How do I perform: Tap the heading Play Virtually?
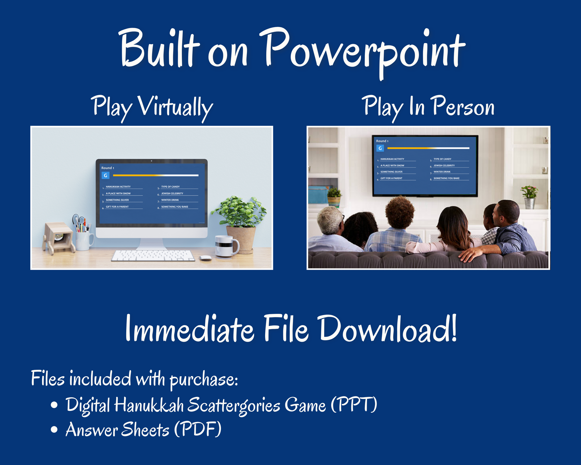click(152, 108)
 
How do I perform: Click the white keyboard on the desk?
click(153, 256)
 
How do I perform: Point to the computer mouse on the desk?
click(205, 258)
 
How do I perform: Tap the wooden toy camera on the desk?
click(59, 238)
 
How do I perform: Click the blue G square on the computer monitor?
click(105, 175)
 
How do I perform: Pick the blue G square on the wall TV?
click(380, 148)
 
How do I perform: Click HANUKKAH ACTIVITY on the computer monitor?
click(118, 187)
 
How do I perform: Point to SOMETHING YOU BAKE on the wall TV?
click(446, 178)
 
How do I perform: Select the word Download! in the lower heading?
click(388, 328)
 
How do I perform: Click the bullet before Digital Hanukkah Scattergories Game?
click(54, 405)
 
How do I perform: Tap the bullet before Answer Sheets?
click(54, 429)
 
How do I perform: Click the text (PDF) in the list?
click(198, 429)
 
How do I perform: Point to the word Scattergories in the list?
click(234, 406)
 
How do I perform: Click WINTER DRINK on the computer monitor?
click(170, 200)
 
